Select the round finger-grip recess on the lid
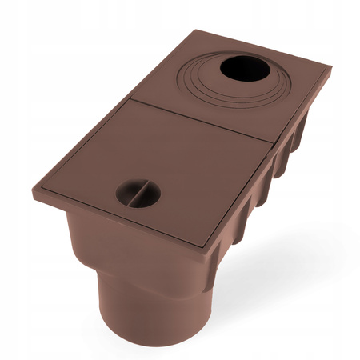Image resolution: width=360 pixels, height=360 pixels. tap(134, 190)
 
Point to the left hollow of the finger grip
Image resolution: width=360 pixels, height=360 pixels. tap(126, 194)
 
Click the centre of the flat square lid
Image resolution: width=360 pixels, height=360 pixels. tap(165, 168)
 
